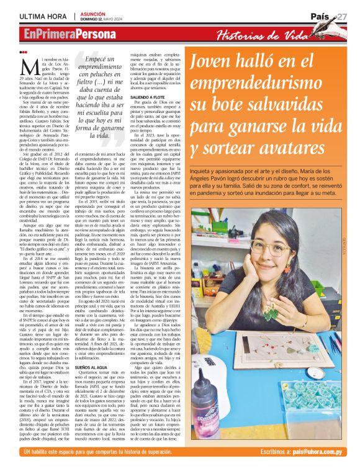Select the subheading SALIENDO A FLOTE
click(150, 97)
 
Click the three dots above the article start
click(24, 52)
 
